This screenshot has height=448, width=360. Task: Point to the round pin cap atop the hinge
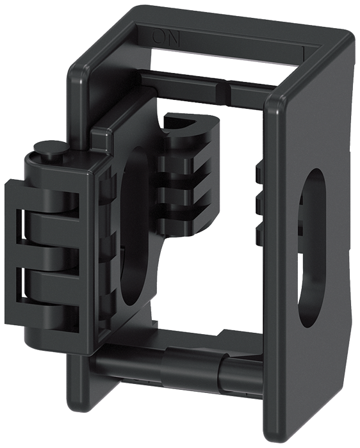50,150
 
